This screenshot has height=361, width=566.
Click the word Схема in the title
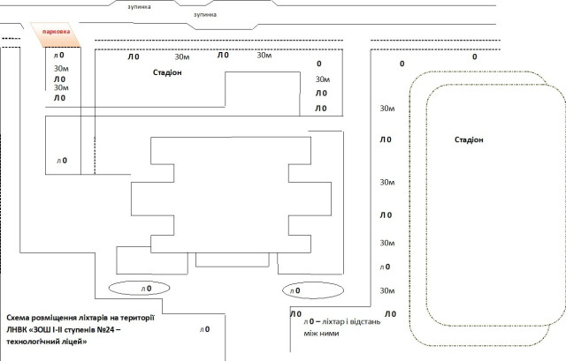point(20,317)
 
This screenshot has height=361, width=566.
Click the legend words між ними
point(320,333)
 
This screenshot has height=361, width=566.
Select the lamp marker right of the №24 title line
point(205,329)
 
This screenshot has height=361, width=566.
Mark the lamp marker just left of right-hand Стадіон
point(385,140)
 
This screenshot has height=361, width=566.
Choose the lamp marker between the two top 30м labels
point(223,56)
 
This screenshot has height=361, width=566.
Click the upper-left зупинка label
point(139,4)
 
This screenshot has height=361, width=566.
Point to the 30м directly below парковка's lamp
point(61,68)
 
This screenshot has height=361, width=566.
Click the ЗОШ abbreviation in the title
point(50,329)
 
